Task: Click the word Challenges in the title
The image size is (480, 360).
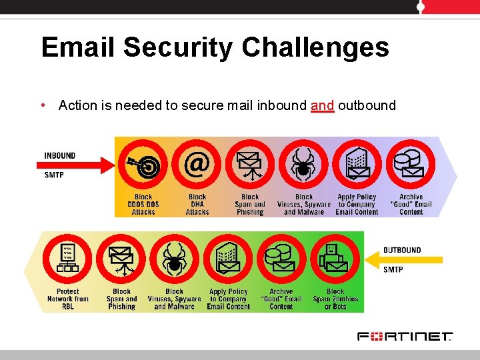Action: [315, 48]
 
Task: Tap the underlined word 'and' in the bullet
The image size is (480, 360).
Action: [322, 105]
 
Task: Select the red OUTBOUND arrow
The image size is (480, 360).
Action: [400, 260]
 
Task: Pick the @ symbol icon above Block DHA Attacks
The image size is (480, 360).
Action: [196, 165]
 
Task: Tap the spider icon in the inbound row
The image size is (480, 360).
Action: [303, 165]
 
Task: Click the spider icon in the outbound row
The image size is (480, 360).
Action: [175, 259]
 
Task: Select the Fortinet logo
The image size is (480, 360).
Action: [405, 336]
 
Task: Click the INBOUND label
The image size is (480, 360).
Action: [60, 155]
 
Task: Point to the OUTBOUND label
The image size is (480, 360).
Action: [402, 250]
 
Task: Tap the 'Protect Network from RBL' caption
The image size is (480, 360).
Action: [68, 299]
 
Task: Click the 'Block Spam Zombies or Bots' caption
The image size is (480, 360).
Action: [335, 299]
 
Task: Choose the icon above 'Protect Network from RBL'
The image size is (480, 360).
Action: [67, 259]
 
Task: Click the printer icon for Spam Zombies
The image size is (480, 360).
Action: [335, 259]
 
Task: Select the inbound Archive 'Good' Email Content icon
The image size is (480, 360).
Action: [410, 165]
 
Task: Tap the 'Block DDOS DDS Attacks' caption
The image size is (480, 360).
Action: [143, 205]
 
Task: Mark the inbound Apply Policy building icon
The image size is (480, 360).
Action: [357, 165]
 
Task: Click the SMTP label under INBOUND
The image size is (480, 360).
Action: [54, 175]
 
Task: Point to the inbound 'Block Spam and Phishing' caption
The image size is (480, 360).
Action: [250, 205]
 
